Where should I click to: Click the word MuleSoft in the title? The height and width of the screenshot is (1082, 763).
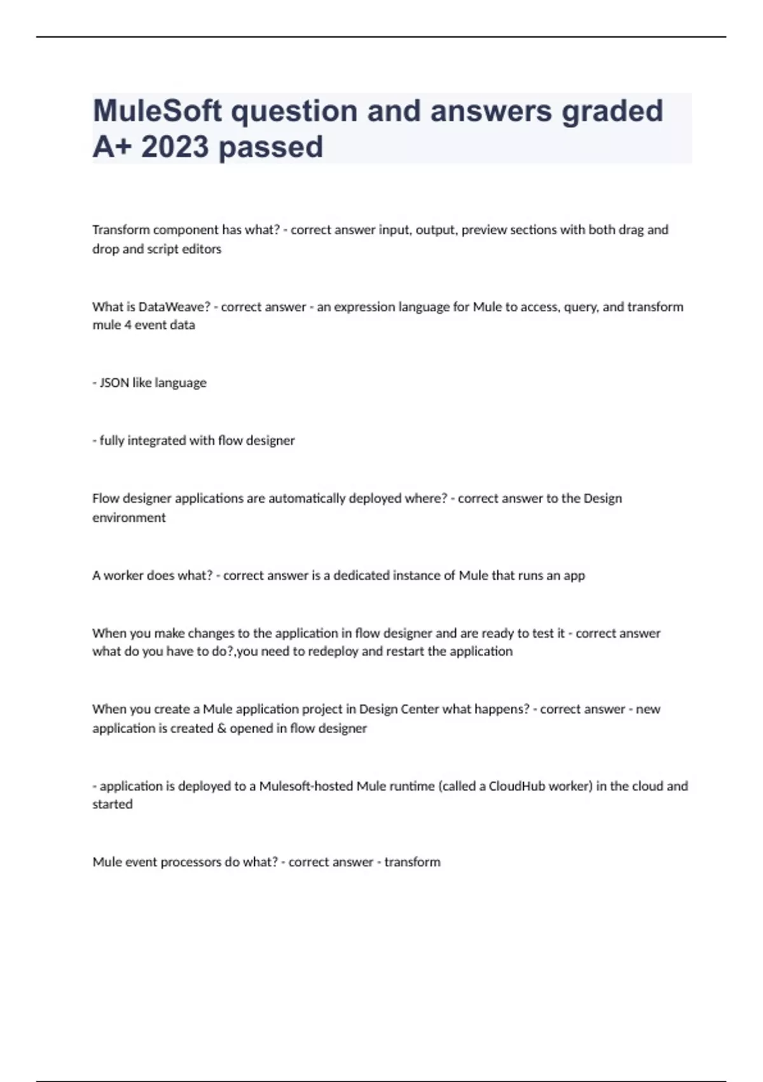[158, 111]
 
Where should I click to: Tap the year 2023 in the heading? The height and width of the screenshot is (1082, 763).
[175, 147]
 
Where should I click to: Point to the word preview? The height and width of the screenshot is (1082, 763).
[484, 230]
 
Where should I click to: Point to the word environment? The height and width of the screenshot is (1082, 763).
[128, 518]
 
